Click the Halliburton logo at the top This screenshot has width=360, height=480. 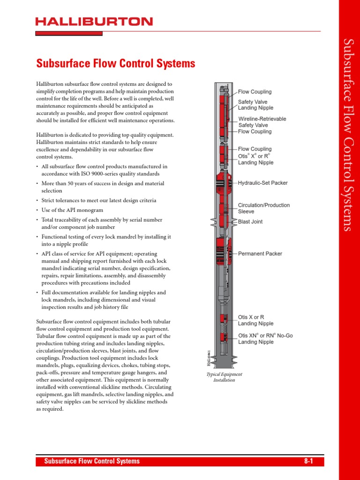94,22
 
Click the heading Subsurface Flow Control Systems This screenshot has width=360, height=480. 116,63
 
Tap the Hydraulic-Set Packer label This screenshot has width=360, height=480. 262,183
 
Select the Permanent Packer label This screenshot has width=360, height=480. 260,254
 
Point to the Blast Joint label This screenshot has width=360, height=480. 250,222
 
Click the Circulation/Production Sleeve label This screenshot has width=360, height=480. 264,208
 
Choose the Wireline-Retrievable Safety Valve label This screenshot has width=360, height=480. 262,122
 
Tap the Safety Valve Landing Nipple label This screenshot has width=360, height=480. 255,105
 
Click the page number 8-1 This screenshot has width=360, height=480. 308,461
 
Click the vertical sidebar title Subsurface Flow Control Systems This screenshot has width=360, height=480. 347,135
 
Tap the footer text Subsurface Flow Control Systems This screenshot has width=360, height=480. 92,461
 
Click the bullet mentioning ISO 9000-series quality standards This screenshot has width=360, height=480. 105,170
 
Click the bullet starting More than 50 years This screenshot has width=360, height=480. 102,187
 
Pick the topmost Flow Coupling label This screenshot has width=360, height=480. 255,92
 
